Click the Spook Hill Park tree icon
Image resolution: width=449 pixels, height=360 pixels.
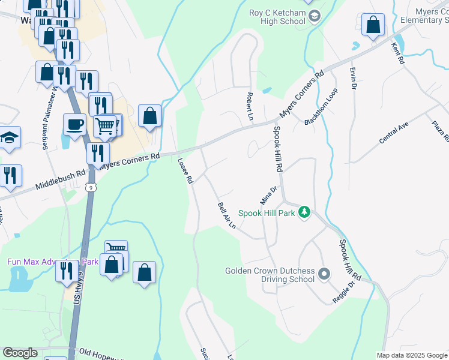[305, 212]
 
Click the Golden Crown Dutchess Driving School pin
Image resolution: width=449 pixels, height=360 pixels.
[325, 274]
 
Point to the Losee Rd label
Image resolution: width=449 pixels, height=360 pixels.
[185, 170]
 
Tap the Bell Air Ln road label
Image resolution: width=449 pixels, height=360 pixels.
[226, 215]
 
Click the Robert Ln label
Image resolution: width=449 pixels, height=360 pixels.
[249, 104]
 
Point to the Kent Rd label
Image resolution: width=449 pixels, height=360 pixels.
[399, 53]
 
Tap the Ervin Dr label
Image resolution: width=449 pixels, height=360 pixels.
[354, 78]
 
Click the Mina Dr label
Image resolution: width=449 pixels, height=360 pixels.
[268, 194]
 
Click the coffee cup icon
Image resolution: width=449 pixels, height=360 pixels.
[75, 125]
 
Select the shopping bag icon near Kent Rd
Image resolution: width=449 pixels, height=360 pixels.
[373, 25]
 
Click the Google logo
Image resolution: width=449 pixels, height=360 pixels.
[20, 353]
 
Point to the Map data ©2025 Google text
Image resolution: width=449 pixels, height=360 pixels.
[411, 355]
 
